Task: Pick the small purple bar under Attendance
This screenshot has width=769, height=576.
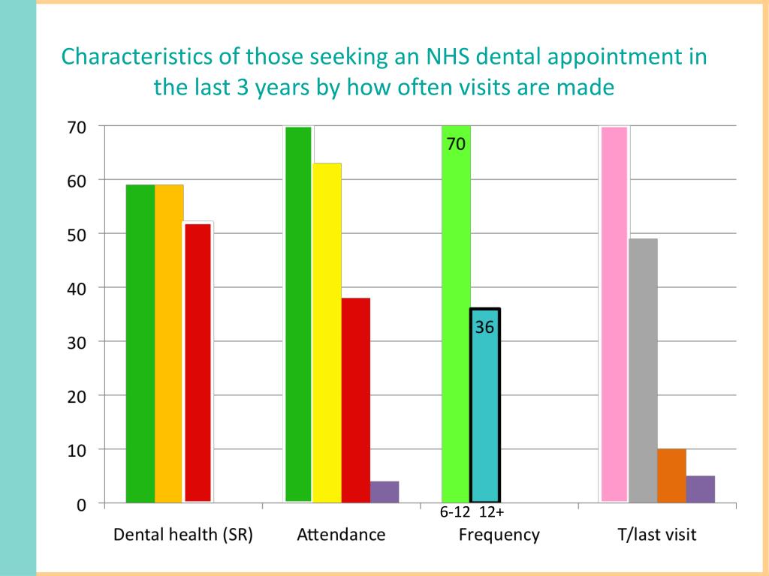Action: tap(384, 491)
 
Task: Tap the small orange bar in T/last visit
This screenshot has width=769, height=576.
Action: tap(671, 475)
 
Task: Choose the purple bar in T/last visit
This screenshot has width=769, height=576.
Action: tap(700, 488)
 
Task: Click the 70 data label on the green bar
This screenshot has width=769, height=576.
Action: tap(457, 144)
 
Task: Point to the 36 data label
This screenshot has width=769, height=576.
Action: tap(484, 327)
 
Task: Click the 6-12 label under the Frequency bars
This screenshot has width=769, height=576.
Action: tap(455, 514)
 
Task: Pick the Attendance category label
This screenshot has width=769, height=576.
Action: tap(341, 535)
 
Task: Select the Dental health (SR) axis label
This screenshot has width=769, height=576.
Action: tap(182, 535)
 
